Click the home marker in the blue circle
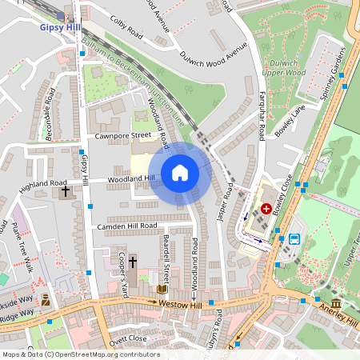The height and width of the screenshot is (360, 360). pos(180,173)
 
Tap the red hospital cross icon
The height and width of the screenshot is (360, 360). pos(266,208)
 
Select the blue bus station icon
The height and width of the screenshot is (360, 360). pos(294,238)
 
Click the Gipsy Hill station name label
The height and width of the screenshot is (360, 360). pos(58,26)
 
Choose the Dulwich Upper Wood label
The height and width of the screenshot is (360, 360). pos(284,67)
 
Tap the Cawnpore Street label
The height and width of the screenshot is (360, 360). pos(122,135)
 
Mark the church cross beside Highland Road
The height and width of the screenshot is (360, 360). pos(63,192)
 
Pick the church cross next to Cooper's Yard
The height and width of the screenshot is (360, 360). pos(133,262)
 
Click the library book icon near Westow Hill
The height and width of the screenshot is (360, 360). pos(162,289)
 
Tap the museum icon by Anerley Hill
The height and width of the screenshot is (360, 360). pos(336,305)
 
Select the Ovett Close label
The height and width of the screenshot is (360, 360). pos(128,338)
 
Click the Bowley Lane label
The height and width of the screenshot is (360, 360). pos(290,121)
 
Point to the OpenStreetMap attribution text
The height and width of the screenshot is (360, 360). pos(80,354)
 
